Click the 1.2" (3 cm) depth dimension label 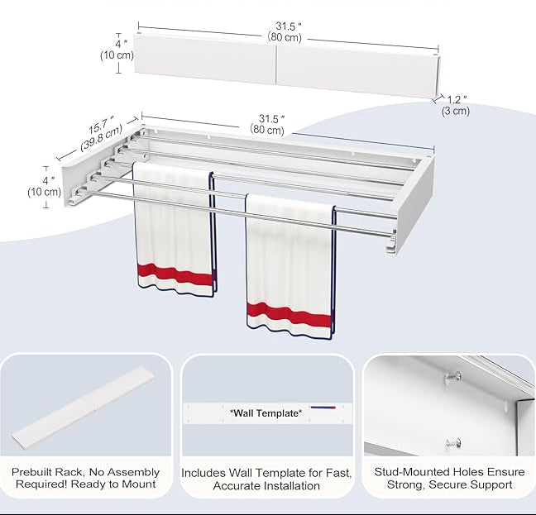tap(456, 105)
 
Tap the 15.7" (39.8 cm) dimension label tap(101, 134)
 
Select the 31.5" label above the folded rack tap(285, 31)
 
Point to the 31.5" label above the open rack tap(267, 124)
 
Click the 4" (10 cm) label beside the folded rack tap(117, 50)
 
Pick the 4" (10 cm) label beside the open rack tap(44, 187)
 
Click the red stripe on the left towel tap(175, 274)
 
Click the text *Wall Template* tap(266, 413)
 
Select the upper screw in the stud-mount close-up tap(452, 377)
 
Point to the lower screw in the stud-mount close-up tap(453, 444)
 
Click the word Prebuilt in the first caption tap(31, 472)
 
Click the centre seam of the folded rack tap(276, 64)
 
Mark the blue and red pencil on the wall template tap(323, 407)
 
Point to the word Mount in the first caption tap(140, 484)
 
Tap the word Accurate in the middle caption tap(232, 485)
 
